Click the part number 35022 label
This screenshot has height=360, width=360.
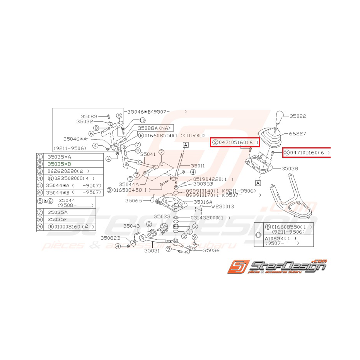tap(298, 116)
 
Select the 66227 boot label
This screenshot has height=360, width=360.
tap(298, 134)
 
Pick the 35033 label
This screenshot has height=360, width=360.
tap(162, 217)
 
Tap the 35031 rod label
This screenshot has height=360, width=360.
tap(152, 251)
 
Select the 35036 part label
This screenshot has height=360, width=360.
tap(211, 250)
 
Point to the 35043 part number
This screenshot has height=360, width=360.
tap(131, 225)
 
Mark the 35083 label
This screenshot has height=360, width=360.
tap(89, 116)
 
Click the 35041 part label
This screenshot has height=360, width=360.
tap(148, 154)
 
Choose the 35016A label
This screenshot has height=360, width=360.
tap(203, 202)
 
